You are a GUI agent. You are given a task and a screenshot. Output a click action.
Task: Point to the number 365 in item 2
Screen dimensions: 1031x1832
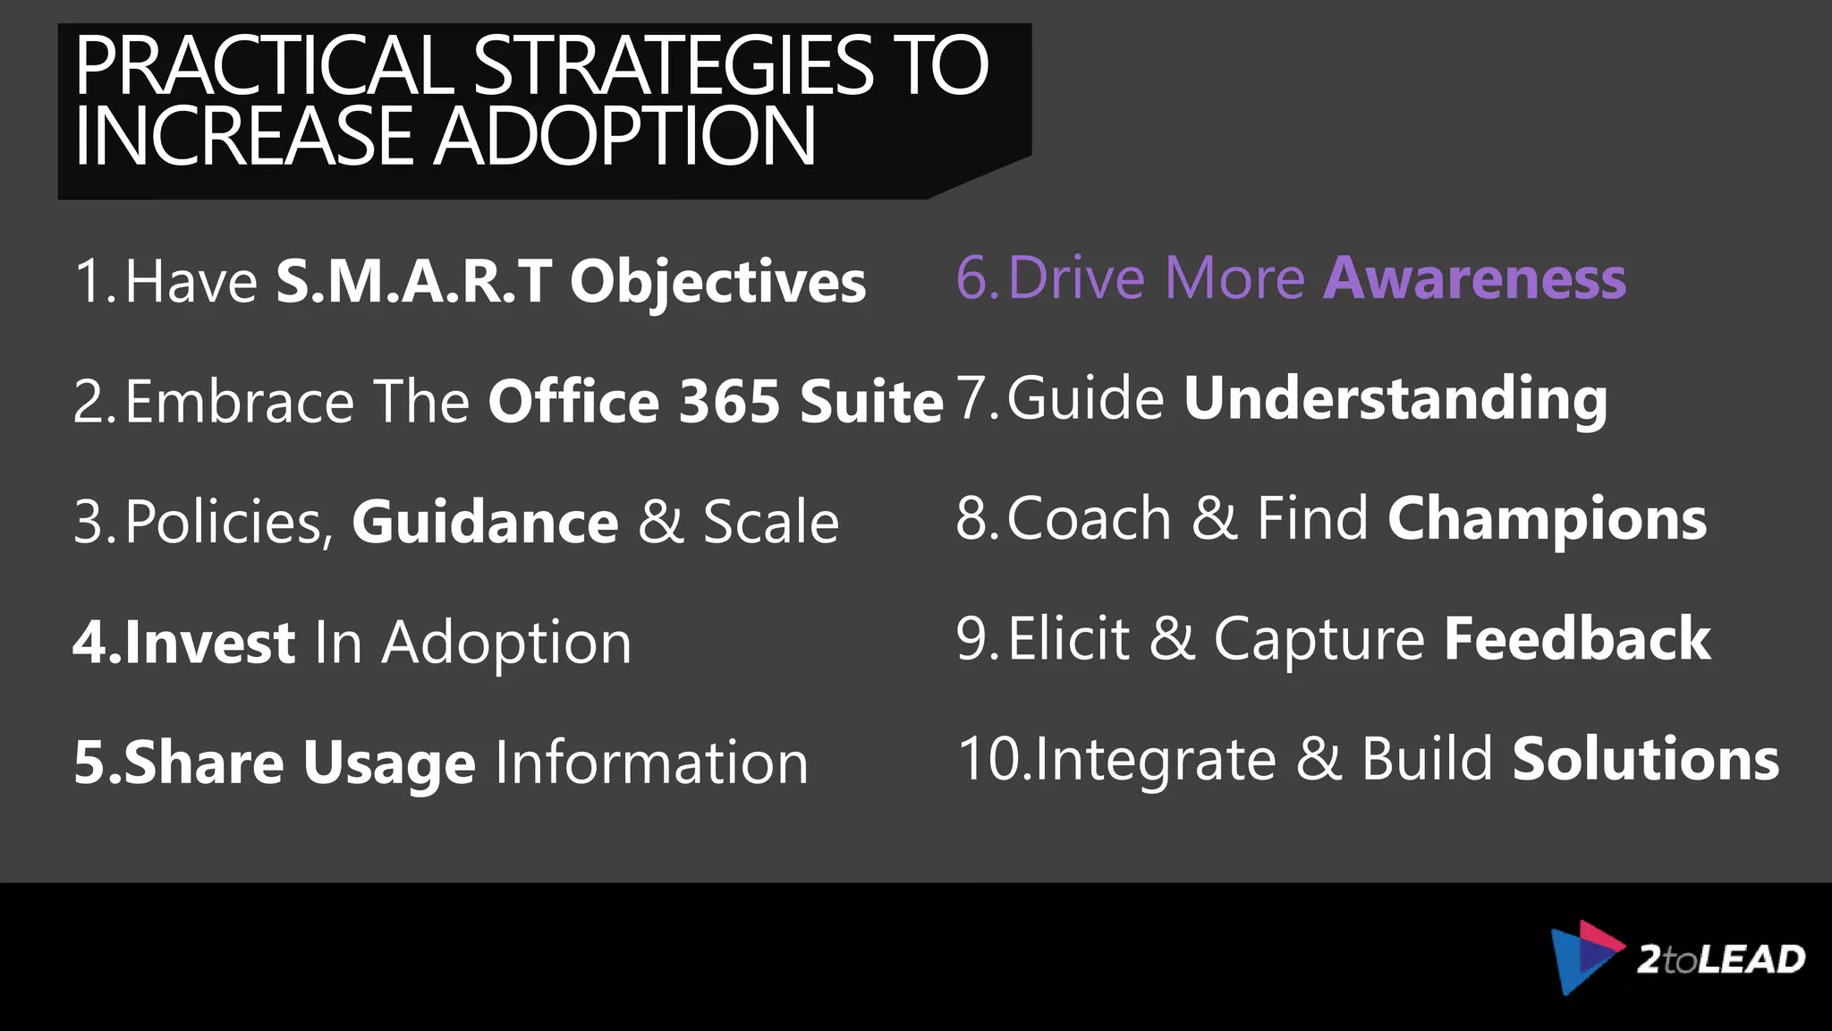(730, 402)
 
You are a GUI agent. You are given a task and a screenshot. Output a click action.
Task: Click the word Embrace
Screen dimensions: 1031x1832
(240, 402)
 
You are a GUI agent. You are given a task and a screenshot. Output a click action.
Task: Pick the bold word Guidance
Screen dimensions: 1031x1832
(485, 522)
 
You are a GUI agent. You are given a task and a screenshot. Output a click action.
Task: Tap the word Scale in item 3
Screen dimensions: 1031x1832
(770, 522)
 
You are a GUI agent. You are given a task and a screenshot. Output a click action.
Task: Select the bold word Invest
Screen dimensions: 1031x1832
(209, 643)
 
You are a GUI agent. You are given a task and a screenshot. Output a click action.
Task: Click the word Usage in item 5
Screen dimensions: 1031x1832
(389, 763)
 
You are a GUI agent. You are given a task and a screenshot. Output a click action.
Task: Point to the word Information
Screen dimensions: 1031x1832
(651, 763)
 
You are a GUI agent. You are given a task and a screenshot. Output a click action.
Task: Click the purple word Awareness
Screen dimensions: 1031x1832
(1475, 278)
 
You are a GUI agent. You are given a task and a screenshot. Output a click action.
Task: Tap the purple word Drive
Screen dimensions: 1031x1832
(1076, 278)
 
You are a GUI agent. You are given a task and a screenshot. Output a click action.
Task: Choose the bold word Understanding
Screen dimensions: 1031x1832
(1395, 399)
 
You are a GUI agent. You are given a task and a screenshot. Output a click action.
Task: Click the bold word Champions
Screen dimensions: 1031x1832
(1547, 519)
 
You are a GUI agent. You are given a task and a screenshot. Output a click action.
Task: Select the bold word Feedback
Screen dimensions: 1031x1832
(1577, 640)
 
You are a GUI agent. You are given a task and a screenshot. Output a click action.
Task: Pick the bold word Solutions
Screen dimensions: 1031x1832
(1646, 760)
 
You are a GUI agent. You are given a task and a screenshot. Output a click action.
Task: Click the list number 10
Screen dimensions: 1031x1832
(989, 760)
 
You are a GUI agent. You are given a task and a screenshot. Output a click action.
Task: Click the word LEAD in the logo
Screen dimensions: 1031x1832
(1751, 959)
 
